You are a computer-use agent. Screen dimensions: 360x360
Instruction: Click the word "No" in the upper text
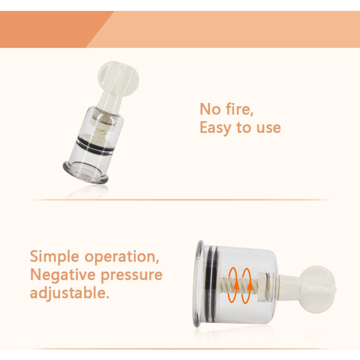[210, 109]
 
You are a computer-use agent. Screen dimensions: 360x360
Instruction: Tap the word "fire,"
[239, 109]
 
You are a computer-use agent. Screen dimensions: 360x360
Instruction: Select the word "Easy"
[216, 128]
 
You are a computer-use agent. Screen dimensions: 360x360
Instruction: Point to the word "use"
[267, 128]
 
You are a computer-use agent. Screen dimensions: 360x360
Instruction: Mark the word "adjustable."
[69, 293]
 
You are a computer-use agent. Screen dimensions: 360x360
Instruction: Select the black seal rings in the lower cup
[209, 285]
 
